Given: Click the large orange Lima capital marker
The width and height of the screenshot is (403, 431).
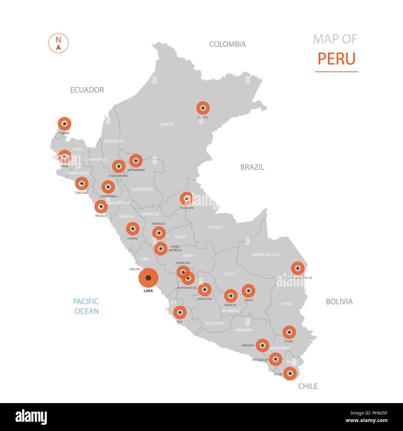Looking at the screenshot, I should coord(148,278).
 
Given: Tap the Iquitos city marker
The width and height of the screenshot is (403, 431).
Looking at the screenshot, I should coord(203,108).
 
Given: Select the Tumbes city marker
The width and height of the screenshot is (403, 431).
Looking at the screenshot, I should coord(64,124).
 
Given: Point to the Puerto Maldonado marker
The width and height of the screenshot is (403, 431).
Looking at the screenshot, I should coord(298,268).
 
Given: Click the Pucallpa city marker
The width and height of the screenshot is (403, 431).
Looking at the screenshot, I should coord(186,198).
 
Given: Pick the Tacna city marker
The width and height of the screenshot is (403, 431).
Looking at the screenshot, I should coord(290,373).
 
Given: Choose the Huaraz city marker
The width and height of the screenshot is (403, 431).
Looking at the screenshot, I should coord(133,229).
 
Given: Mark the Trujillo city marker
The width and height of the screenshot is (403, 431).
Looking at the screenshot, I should coord(101,207).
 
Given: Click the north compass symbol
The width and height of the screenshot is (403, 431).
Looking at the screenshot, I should coord(58,43).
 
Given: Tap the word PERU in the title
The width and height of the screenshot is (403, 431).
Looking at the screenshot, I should coord(336,59).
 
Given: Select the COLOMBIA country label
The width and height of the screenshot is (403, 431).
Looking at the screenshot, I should coord(227,44).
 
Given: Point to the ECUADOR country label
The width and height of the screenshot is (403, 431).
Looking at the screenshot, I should coord(87,90).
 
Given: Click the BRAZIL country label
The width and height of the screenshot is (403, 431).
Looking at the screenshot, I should coord(252,167).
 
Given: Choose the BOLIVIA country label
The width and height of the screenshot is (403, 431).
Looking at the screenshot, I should coord(339,301).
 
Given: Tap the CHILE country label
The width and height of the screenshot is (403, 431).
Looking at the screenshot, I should coord(308,386).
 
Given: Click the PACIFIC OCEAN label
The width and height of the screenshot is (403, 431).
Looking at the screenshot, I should coord(86,306).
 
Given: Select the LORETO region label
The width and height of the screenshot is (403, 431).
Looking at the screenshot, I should coord(167,124).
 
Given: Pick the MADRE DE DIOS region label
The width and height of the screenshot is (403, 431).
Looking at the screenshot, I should coord(266,255).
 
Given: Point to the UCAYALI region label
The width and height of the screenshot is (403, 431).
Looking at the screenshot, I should coord(215,227).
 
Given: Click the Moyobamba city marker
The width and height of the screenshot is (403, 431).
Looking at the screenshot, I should coord(136,161).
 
